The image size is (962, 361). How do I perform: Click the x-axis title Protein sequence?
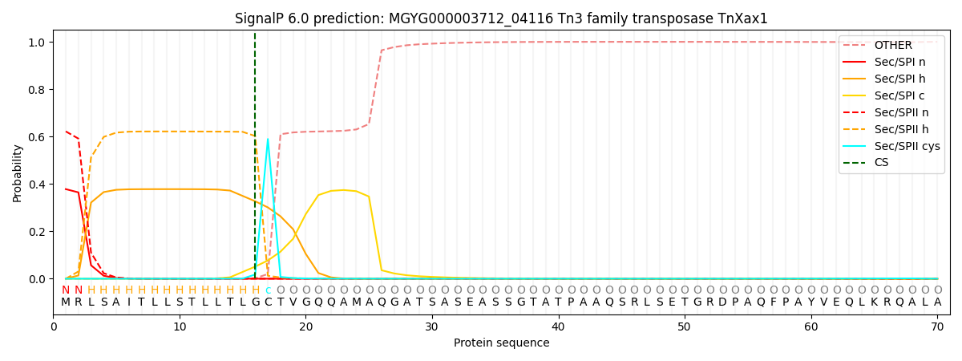tap(501, 343)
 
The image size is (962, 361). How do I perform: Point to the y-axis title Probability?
tap(17, 172)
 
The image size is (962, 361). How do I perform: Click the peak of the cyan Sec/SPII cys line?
tap(268, 139)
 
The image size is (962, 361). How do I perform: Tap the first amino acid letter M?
tap(66, 302)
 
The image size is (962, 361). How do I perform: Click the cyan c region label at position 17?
tap(268, 290)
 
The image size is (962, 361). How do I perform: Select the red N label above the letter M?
tap(66, 290)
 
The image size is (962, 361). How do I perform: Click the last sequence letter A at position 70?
tap(937, 302)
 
